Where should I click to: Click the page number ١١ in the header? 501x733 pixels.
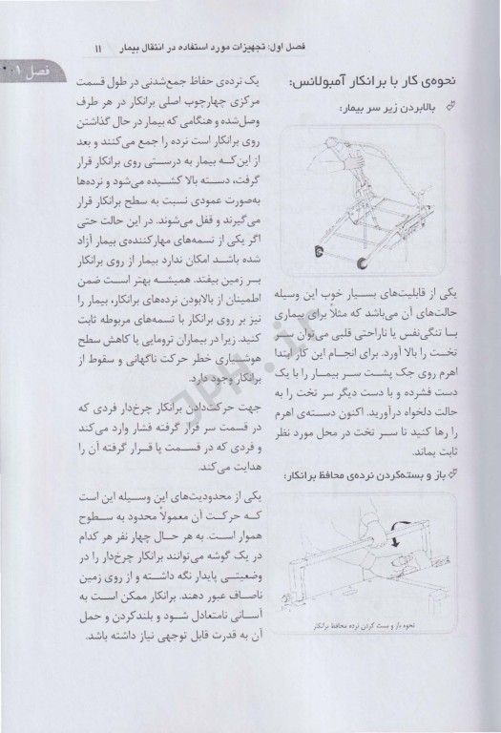point(274,46)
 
